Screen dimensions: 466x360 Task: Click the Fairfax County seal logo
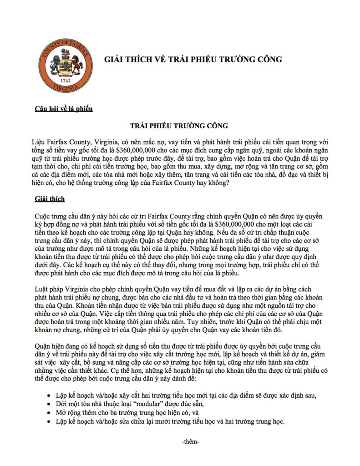point(63,59)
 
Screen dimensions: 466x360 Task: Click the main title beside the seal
point(193,60)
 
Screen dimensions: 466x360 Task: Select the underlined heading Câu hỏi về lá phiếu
point(64,108)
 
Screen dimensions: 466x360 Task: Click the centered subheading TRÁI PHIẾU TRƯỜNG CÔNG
point(179,125)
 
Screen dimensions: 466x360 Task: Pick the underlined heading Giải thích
point(50,199)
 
